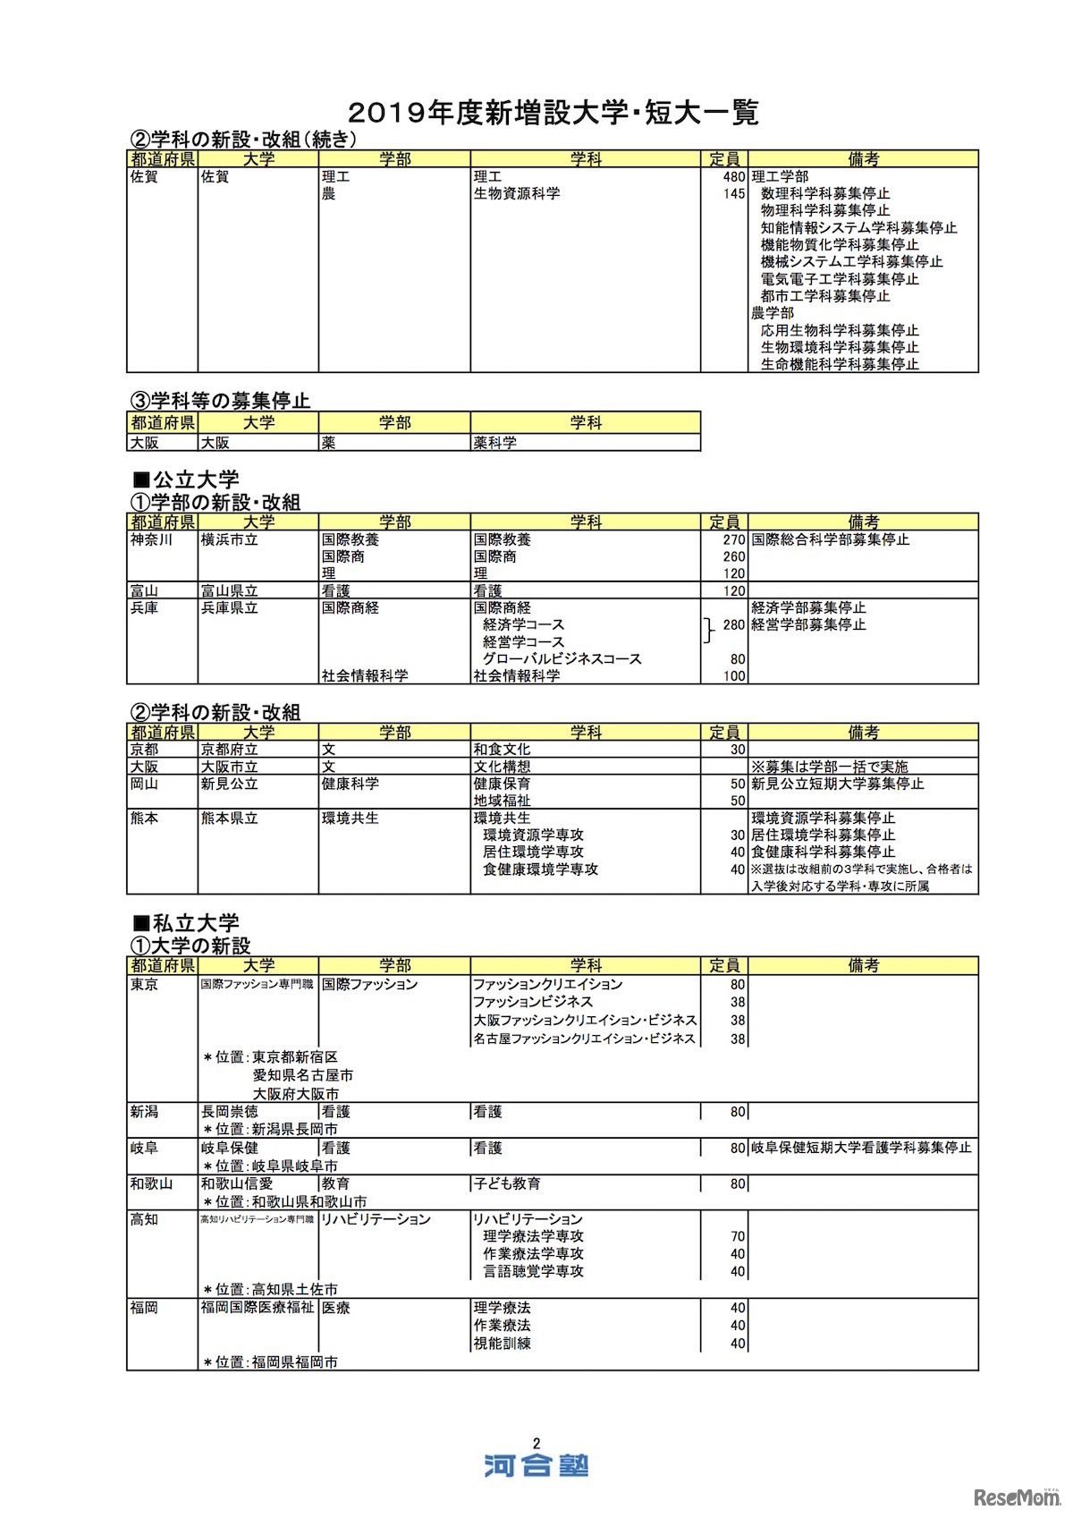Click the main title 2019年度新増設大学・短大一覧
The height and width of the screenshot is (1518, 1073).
pos(553,113)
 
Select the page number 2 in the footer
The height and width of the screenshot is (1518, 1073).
pos(536,1443)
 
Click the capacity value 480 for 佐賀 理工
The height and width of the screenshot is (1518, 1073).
pos(733,177)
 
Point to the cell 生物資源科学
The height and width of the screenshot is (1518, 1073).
pos(517,193)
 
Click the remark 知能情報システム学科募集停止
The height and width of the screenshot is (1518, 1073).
pos(858,228)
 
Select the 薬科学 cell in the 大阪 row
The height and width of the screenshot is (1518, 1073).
pos(495,443)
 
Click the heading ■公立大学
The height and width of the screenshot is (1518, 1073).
pos(186,479)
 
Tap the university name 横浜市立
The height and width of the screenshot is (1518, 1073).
pos(230,540)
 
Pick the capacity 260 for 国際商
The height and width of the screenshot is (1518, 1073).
pos(733,557)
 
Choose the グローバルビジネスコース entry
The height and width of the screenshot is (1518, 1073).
pos(562,659)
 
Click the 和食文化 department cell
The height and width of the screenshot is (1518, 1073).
pos(502,750)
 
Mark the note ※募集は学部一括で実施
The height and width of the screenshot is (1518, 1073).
pos(829,767)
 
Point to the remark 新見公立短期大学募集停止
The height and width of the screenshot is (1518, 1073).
pos(837,784)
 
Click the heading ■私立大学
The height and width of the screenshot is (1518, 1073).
pos(186,922)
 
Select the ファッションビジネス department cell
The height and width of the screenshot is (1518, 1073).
pos(533,1002)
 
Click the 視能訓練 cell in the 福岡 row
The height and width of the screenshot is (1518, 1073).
pos(502,1344)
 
